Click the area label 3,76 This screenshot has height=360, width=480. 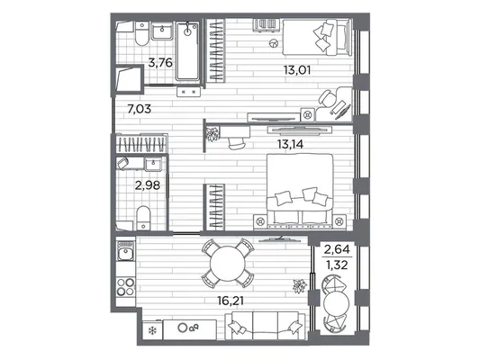click(160, 63)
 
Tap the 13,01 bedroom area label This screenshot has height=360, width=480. click(297, 70)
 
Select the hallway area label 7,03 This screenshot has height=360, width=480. click(140, 109)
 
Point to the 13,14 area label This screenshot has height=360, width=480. click(290, 144)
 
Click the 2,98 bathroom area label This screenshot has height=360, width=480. click(148, 185)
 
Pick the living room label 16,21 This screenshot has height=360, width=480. click(231, 301)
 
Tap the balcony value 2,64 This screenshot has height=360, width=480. click(337, 249)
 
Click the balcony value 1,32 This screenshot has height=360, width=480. click(337, 265)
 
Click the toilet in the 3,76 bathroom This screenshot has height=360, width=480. click(141, 33)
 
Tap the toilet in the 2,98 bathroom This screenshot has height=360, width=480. click(143, 218)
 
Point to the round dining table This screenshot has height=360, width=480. click(228, 263)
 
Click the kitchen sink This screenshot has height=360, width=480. click(125, 251)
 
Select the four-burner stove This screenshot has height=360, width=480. click(126, 286)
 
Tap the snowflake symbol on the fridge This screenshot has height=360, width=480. click(152, 330)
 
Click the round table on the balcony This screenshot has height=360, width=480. click(337, 303)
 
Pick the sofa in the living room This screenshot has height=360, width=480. click(265, 326)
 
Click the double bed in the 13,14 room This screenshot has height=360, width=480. click(300, 191)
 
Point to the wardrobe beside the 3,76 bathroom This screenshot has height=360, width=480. click(216, 50)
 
